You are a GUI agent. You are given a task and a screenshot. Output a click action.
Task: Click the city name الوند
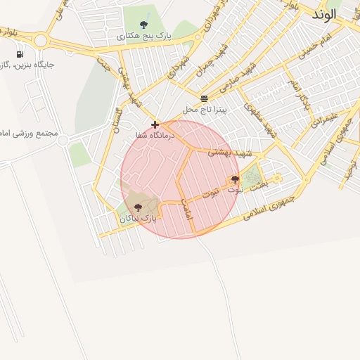(325, 14)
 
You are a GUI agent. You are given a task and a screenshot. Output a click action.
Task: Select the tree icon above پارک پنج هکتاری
(143, 25)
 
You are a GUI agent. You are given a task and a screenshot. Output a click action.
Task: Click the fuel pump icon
(18, 54)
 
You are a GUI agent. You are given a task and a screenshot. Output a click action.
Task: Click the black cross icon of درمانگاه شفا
(155, 124)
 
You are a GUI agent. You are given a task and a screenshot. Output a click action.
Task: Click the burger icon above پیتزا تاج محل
(204, 98)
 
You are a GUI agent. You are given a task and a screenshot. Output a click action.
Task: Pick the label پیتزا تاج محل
(203, 109)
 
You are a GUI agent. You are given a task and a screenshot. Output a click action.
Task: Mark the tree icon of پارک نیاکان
(138, 207)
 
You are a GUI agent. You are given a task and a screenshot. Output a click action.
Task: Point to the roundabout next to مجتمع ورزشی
(63, 141)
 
